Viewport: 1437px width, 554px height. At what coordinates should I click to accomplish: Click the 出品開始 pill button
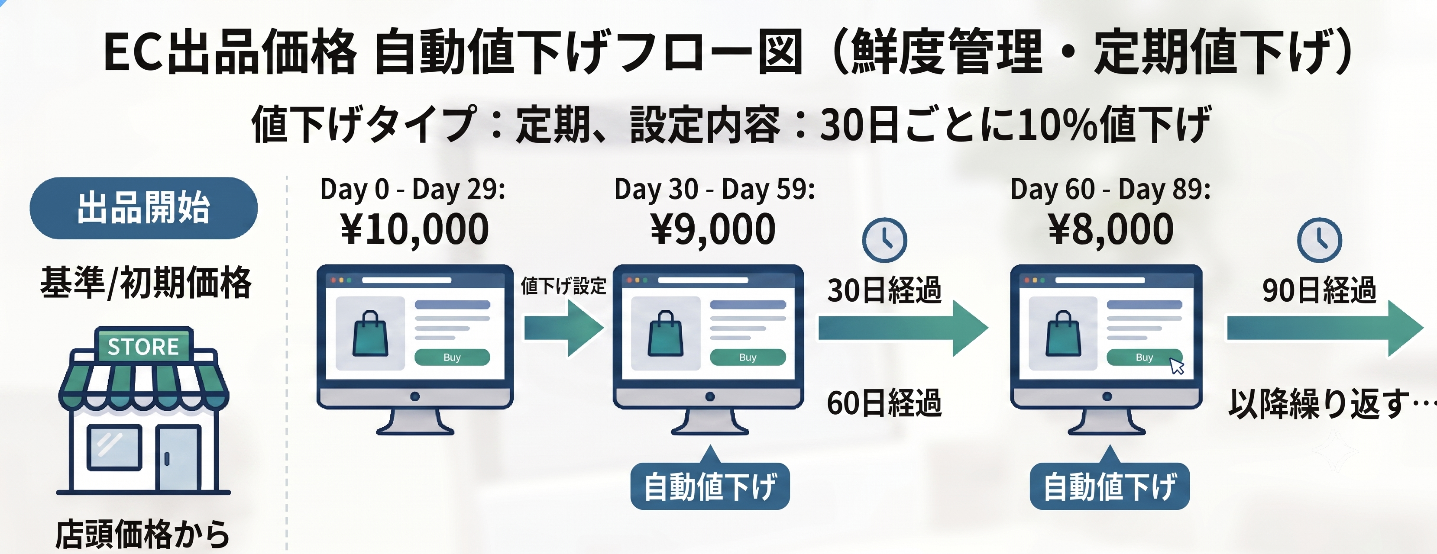[143, 208]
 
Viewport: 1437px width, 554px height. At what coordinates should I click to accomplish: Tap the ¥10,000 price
[414, 229]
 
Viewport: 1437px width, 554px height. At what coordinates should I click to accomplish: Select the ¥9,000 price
[713, 229]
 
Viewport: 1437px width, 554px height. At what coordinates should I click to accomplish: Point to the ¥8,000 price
[1110, 229]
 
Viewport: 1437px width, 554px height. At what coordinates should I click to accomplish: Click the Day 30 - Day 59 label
[715, 190]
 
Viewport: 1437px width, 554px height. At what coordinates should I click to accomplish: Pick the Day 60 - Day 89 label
[1110, 190]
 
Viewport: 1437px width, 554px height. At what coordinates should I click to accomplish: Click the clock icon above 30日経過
[884, 240]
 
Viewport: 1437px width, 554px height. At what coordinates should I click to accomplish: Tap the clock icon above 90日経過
[1319, 240]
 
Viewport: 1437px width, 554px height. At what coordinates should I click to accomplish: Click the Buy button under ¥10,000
[452, 357]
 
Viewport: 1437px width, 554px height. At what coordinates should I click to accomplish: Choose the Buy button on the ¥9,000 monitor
[748, 357]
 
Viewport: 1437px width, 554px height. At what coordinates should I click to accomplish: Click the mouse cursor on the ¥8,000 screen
[1176, 366]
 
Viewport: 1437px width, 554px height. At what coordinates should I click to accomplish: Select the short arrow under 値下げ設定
[563, 328]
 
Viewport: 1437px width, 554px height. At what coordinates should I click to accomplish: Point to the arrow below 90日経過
[1325, 328]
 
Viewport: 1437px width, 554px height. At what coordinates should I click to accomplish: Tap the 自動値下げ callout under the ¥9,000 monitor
[710, 485]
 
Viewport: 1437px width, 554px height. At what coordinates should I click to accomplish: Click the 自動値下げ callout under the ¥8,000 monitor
[1110, 485]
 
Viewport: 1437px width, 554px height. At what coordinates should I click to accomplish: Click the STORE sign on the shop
[143, 347]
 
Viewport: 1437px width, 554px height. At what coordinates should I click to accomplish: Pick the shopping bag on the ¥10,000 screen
[370, 334]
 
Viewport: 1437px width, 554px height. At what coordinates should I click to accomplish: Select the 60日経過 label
[884, 403]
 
